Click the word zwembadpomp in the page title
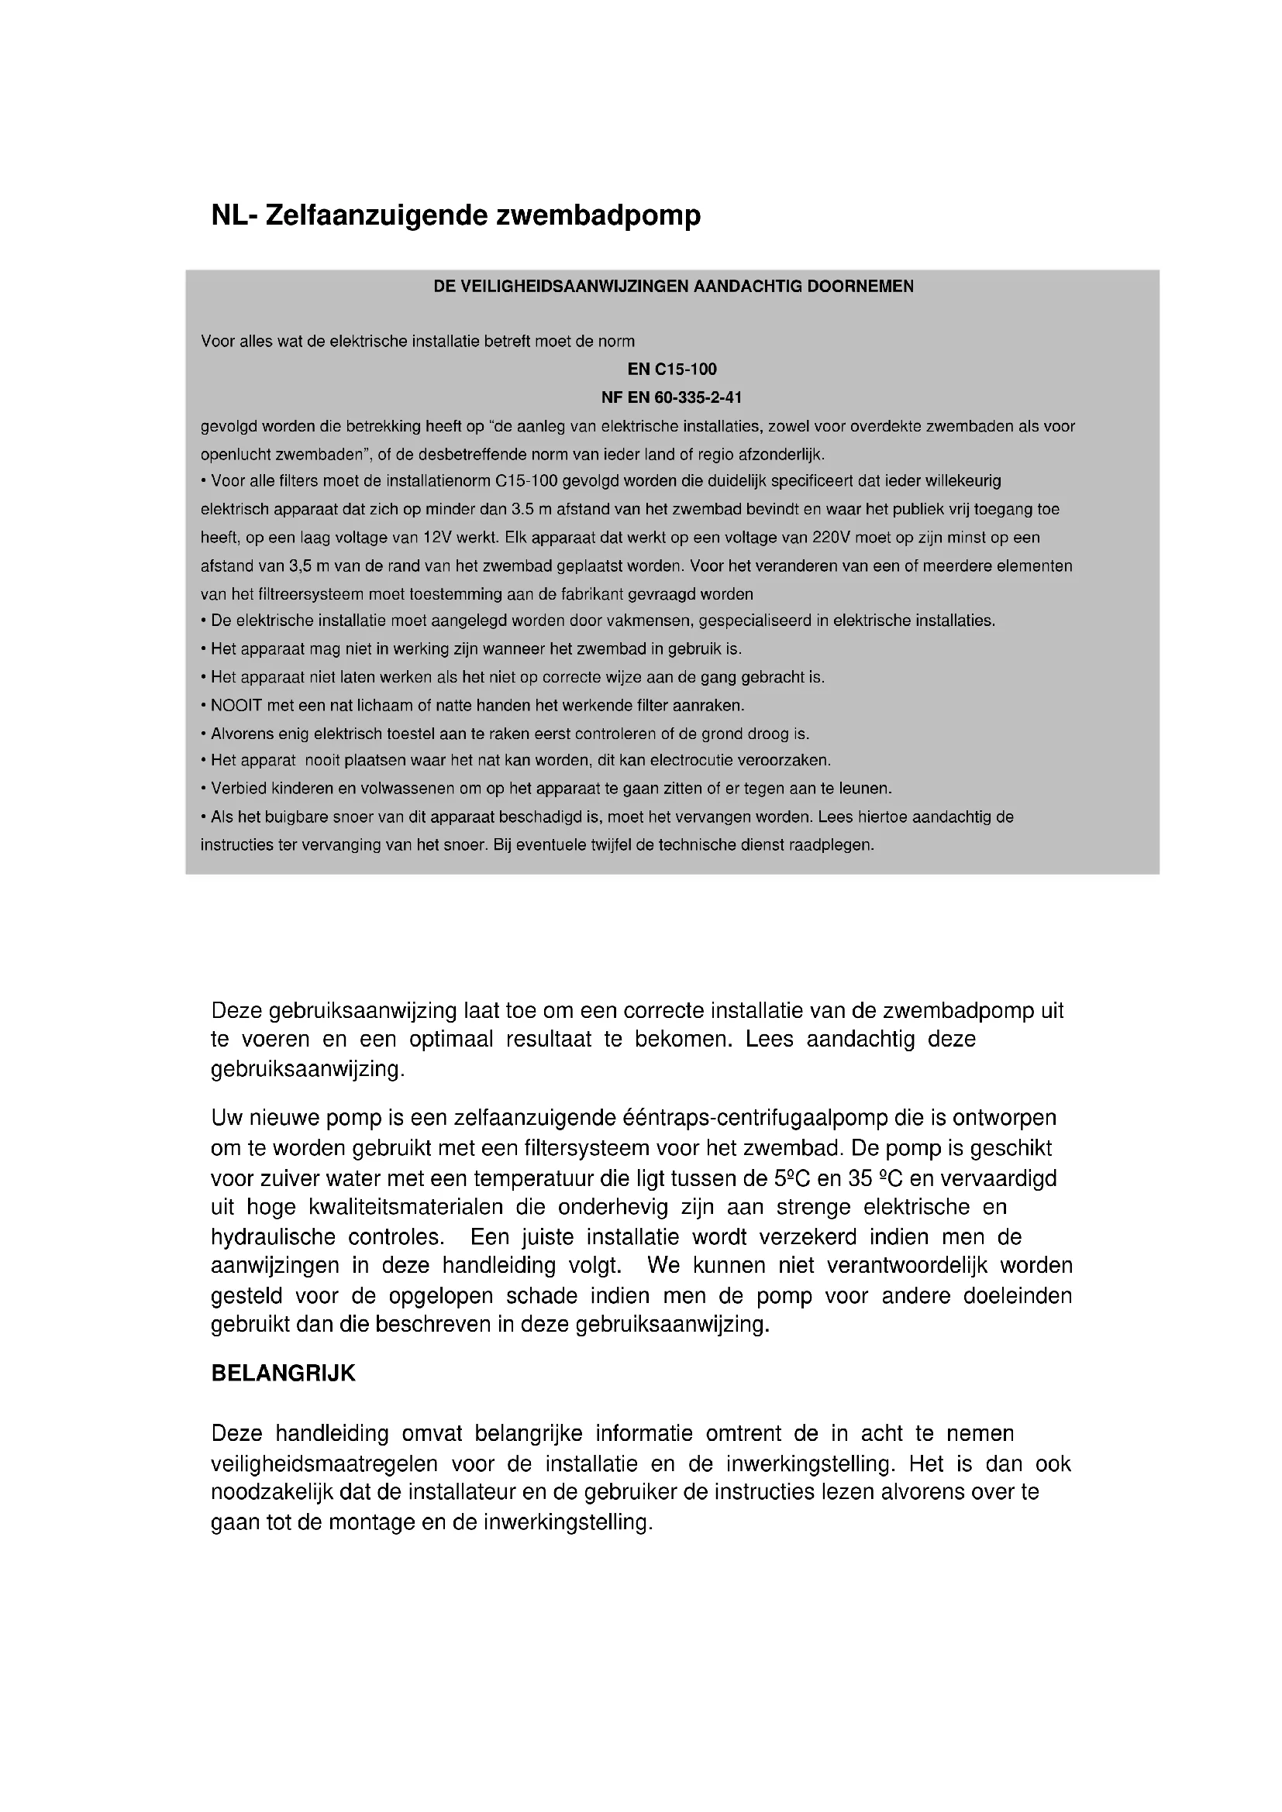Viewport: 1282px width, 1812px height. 598,215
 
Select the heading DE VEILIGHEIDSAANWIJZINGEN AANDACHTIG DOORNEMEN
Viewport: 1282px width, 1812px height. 674,287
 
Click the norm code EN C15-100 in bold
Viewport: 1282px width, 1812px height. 672,370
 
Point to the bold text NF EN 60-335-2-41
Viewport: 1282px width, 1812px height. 672,397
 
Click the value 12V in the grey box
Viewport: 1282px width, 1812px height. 436,538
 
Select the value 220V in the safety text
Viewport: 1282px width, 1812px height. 832,538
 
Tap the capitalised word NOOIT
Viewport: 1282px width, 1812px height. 236,706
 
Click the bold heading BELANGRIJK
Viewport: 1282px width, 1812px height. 284,1374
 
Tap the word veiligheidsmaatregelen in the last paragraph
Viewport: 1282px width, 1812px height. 325,1464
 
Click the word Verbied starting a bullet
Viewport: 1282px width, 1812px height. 239,789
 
